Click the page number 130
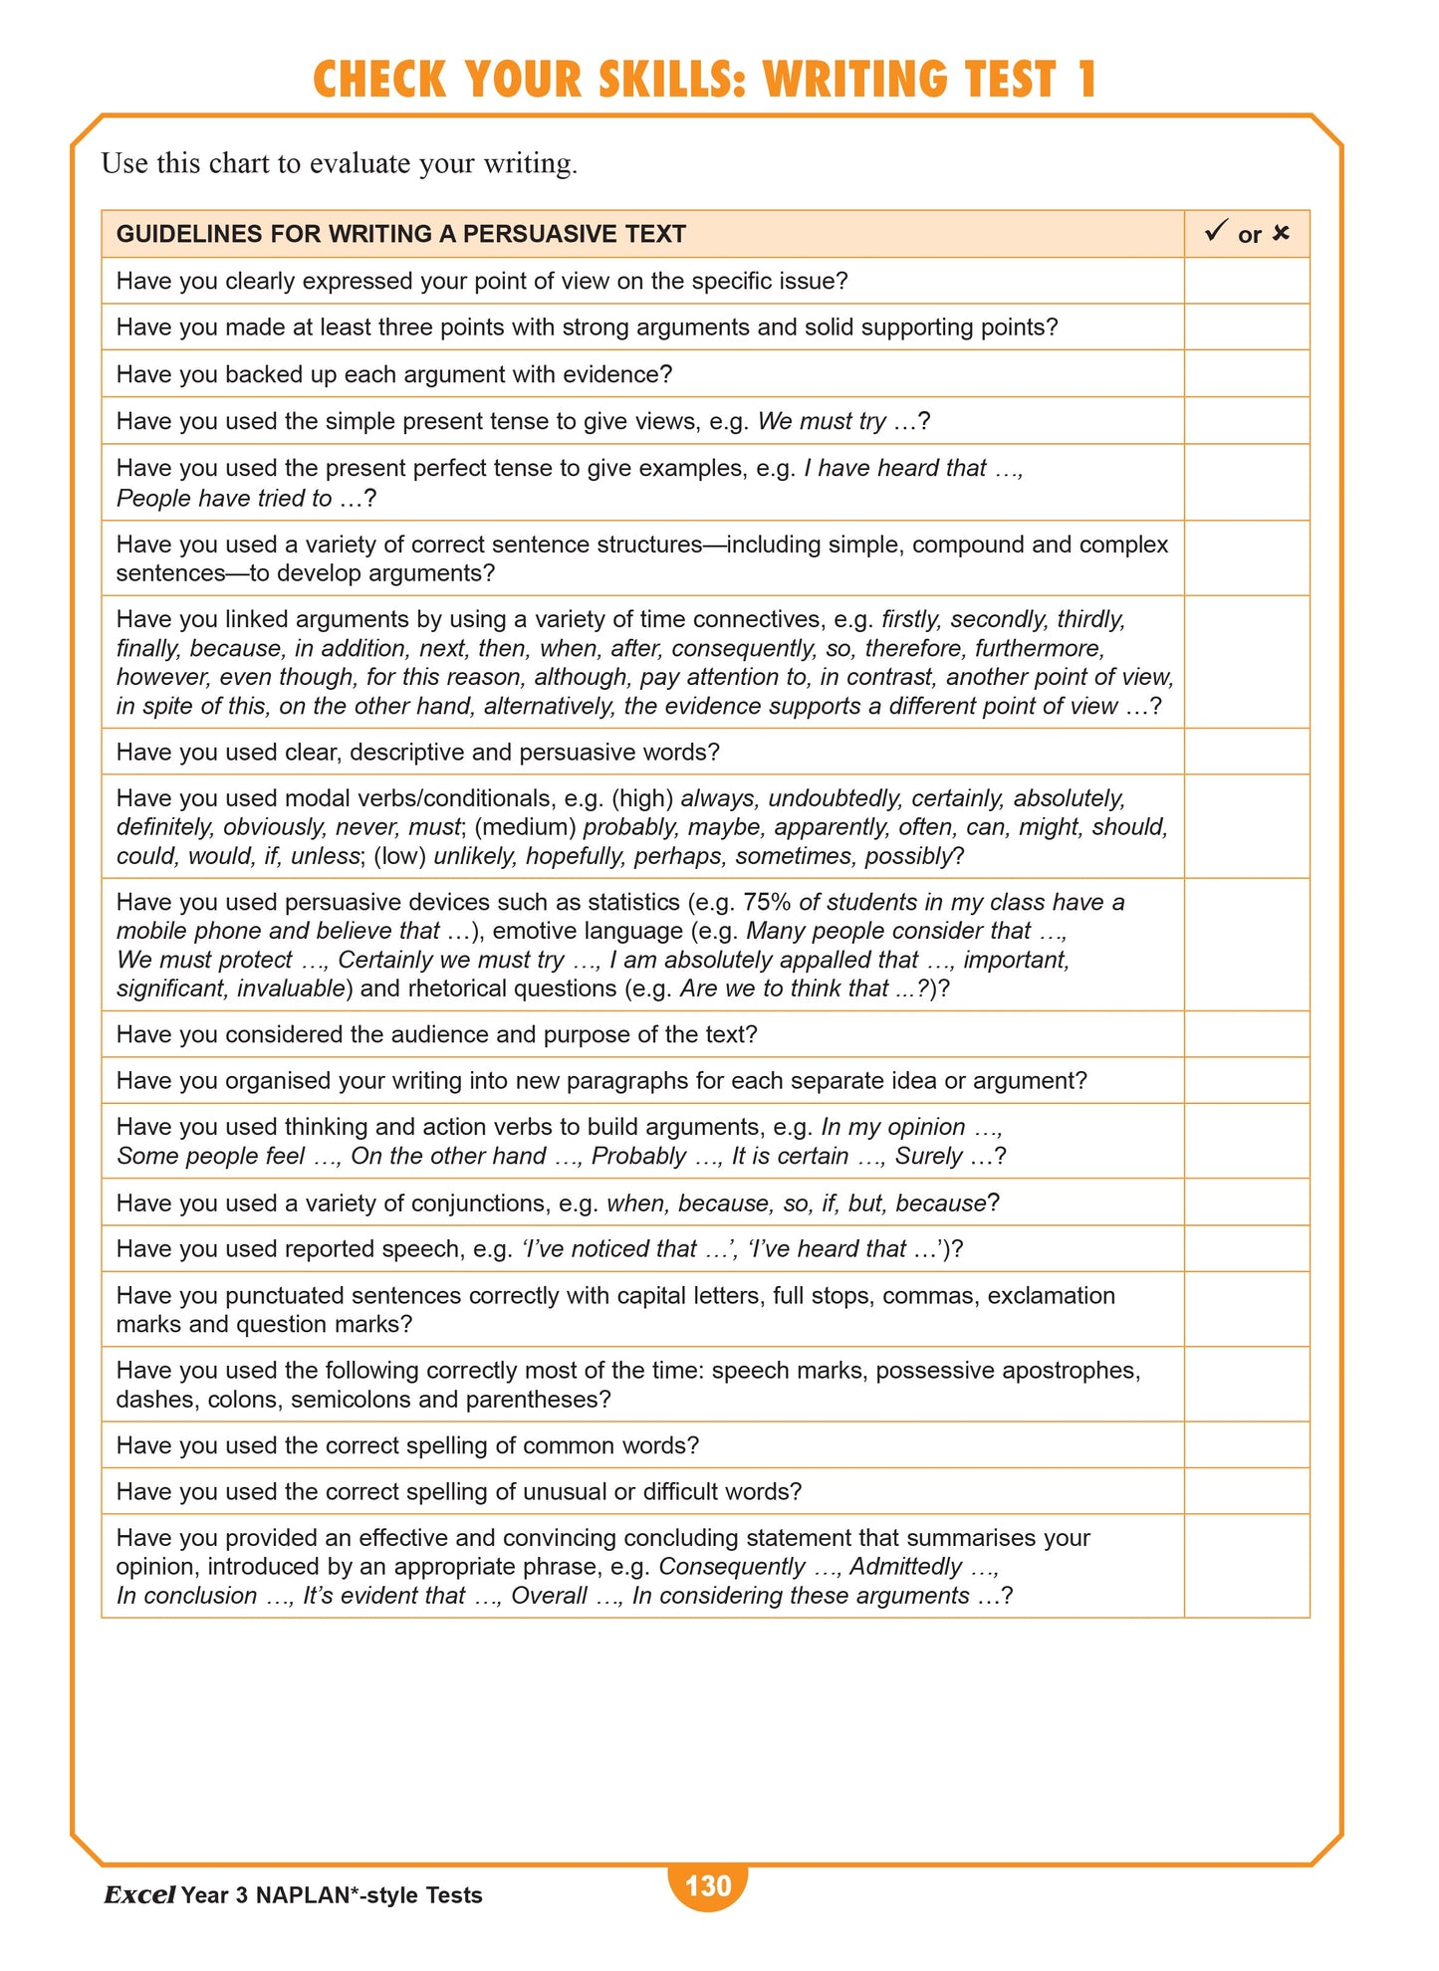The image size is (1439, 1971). pyautogui.click(x=708, y=1885)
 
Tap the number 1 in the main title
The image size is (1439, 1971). pyautogui.click(x=1085, y=80)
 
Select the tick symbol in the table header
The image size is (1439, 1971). pyautogui.click(x=1215, y=232)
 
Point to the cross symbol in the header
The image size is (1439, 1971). pyautogui.click(x=1281, y=233)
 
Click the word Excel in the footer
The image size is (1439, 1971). pyautogui.click(x=139, y=1895)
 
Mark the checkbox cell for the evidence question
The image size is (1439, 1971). pyautogui.click(x=1246, y=373)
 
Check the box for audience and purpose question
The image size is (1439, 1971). pyautogui.click(x=1246, y=1033)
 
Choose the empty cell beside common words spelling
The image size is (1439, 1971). pyautogui.click(x=1246, y=1444)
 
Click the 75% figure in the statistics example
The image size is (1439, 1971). pyautogui.click(x=767, y=902)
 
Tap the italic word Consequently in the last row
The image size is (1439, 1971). pyautogui.click(x=731, y=1566)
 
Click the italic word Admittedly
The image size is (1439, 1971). pyautogui.click(x=905, y=1566)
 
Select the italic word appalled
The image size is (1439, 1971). pyautogui.click(x=873, y=960)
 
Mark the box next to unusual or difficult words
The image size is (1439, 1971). pyautogui.click(x=1246, y=1490)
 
